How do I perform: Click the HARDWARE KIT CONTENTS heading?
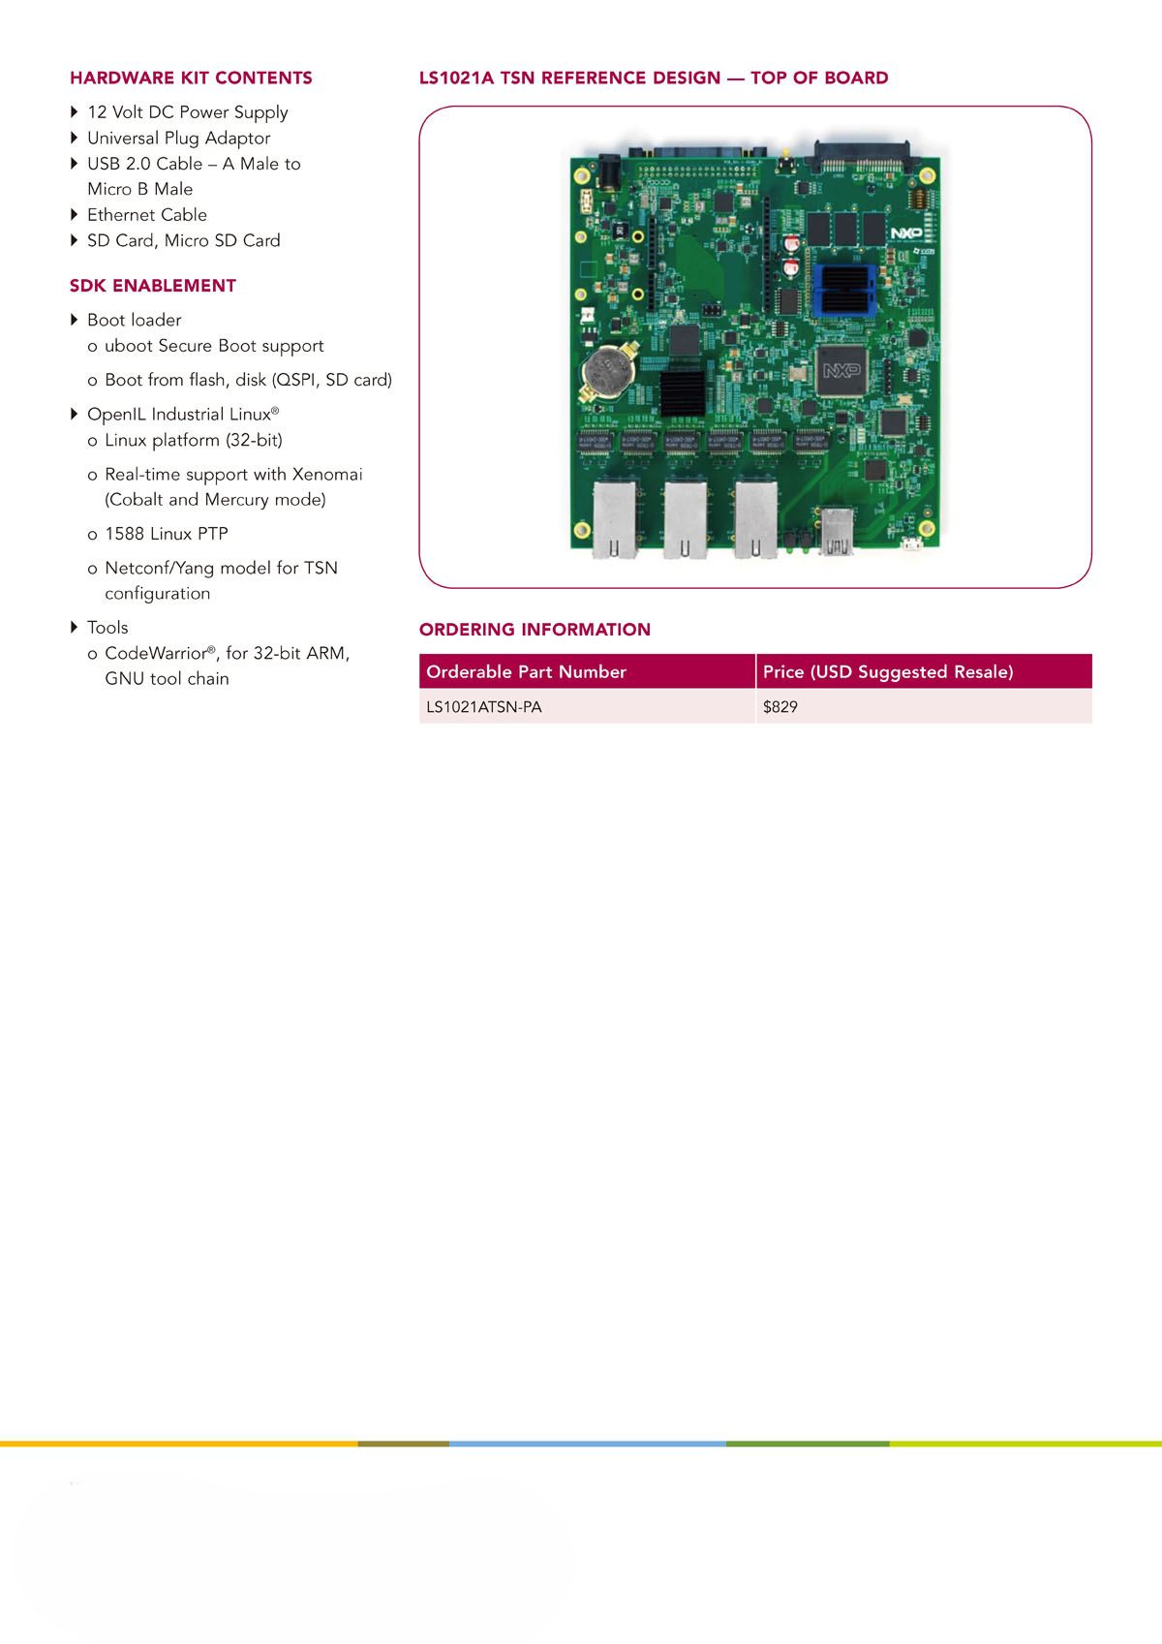pyautogui.click(x=191, y=78)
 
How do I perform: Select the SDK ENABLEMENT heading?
pyautogui.click(x=153, y=286)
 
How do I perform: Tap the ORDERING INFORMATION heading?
pyautogui.click(x=535, y=629)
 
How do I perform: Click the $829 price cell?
pyautogui.click(x=780, y=707)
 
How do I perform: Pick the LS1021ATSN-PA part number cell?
pyautogui.click(x=484, y=707)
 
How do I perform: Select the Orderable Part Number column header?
pyautogui.click(x=526, y=671)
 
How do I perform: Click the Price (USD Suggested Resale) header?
pyautogui.click(x=888, y=671)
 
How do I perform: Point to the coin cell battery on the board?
pyautogui.click(x=607, y=371)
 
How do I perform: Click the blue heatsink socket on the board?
pyautogui.click(x=844, y=289)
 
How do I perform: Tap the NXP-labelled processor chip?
pyautogui.click(x=842, y=371)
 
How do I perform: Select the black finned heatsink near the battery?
pyautogui.click(x=683, y=393)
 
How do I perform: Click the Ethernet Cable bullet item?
pyautogui.click(x=147, y=215)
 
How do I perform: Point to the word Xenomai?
pyautogui.click(x=327, y=474)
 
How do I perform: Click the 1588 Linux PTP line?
pyautogui.click(x=167, y=534)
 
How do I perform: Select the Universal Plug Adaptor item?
pyautogui.click(x=178, y=138)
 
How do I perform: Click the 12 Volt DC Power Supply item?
pyautogui.click(x=188, y=112)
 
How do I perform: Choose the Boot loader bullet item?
pyautogui.click(x=135, y=320)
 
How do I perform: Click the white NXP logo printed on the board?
pyautogui.click(x=906, y=233)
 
